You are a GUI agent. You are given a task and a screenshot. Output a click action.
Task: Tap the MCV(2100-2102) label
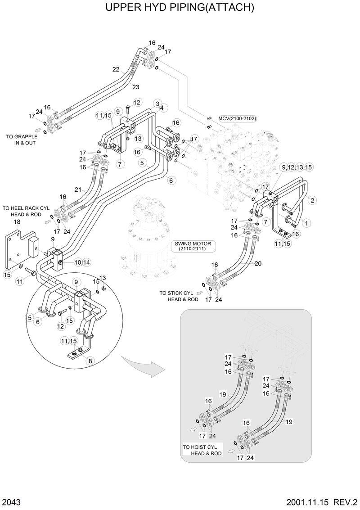237,118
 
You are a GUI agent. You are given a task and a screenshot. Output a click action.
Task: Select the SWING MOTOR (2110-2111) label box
193,246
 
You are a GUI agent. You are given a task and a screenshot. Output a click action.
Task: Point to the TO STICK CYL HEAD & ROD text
179,296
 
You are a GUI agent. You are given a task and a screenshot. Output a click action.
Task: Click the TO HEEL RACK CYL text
25,208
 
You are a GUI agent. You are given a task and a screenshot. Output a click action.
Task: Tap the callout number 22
116,69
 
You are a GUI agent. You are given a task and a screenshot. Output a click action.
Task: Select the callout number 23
136,86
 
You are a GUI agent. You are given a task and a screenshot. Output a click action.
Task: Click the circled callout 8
91,360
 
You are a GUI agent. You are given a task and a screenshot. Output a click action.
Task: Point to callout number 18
17,222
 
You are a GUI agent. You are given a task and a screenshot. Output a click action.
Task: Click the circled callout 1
306,222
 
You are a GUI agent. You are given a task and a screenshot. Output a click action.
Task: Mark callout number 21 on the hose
78,190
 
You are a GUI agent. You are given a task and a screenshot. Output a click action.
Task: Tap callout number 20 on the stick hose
258,264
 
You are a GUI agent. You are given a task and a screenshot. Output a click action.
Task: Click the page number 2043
11,501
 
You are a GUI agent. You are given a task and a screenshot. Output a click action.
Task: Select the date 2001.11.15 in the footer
307,501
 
